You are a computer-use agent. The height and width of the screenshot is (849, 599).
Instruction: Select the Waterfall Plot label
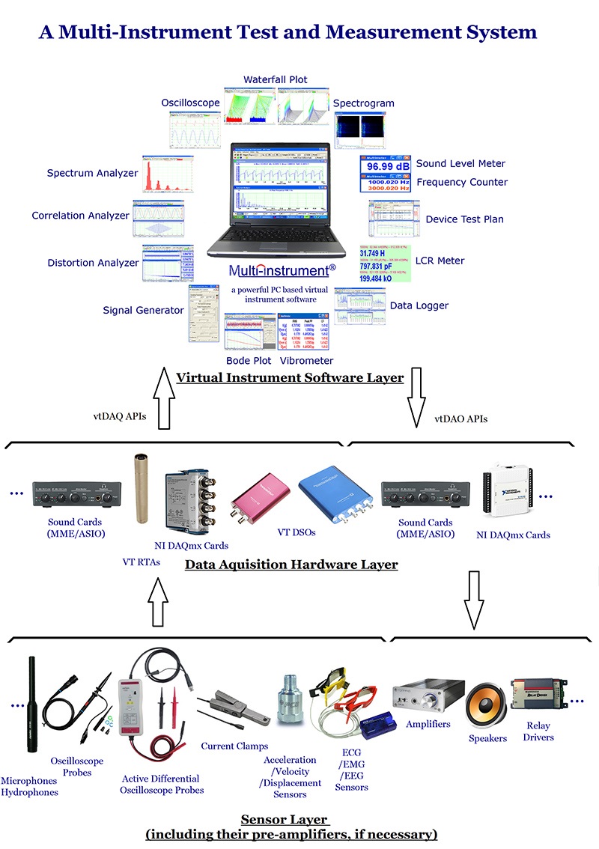coord(276,79)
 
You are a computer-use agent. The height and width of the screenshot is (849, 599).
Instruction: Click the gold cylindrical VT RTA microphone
coord(139,487)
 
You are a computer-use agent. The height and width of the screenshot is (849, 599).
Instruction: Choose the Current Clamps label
coord(234,746)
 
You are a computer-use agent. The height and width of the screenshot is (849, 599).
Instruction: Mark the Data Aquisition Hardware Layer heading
coord(291,565)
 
